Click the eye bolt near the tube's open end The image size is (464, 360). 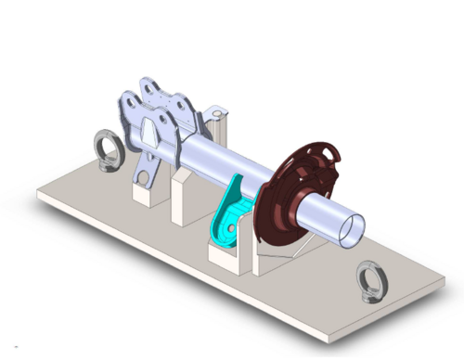[372, 278]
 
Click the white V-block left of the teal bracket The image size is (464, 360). [182, 199]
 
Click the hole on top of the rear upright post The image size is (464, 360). [219, 112]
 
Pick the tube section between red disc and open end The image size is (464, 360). [325, 209]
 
